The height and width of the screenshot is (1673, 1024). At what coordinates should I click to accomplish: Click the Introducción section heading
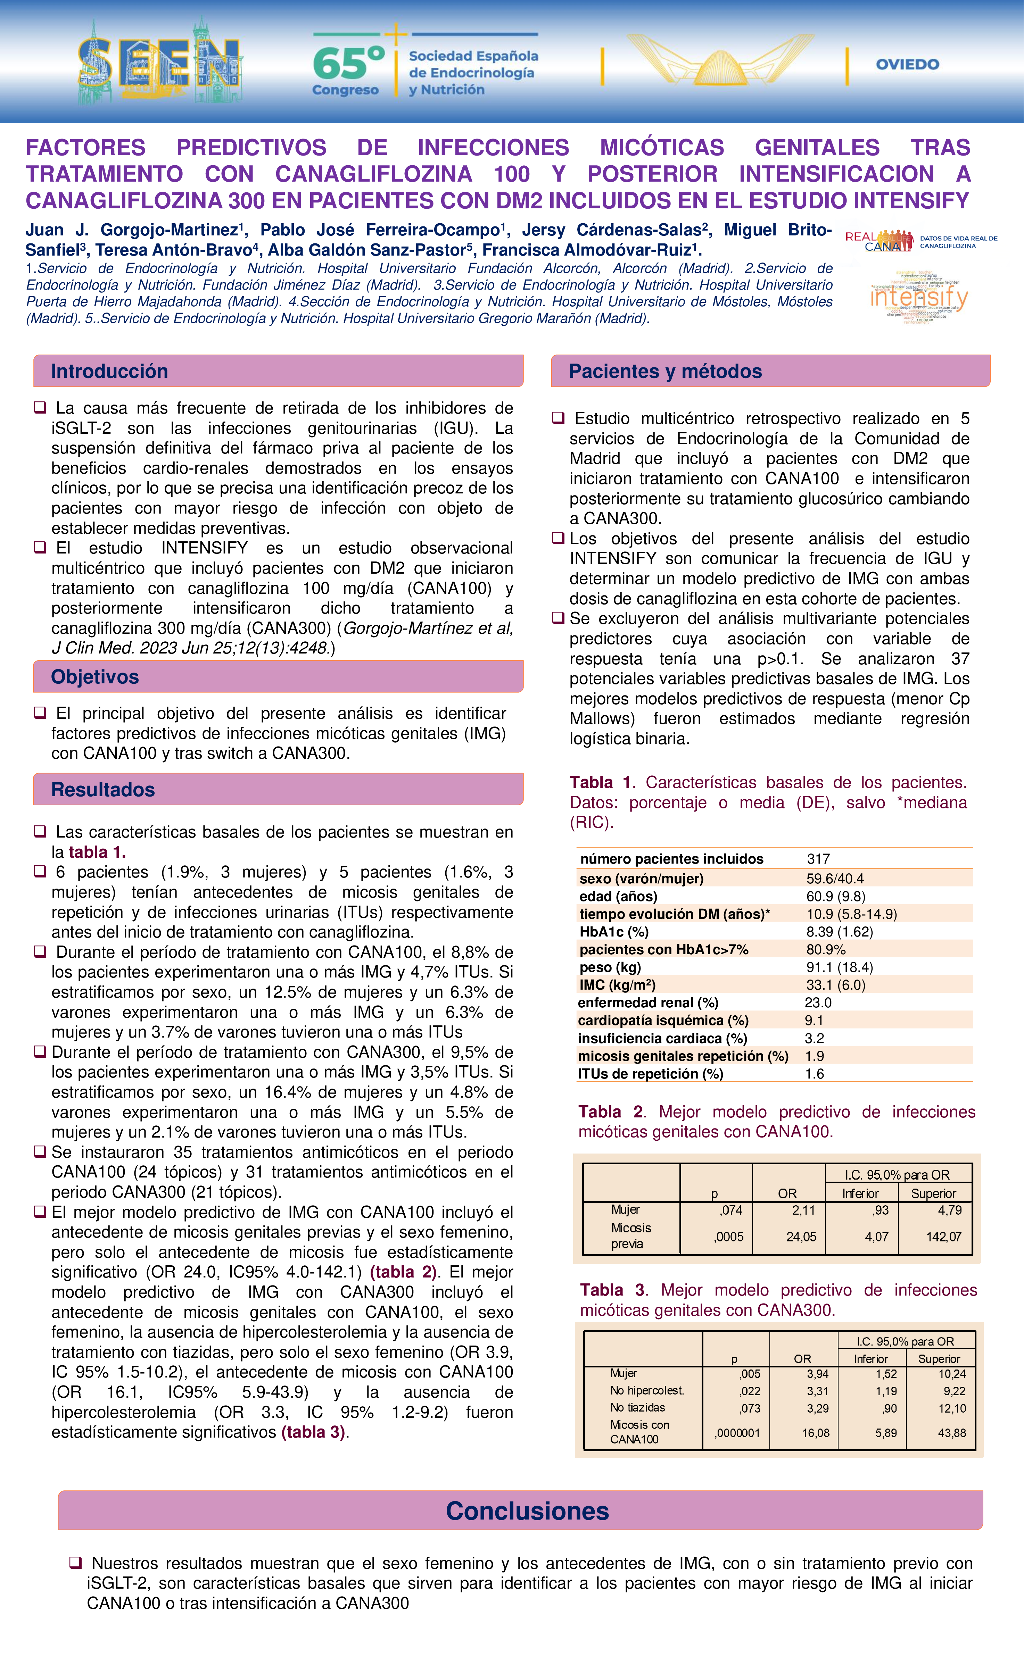click(x=109, y=372)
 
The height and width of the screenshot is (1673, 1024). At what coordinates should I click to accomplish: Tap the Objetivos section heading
click(x=95, y=677)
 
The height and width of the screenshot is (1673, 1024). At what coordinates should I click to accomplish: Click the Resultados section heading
click(x=103, y=790)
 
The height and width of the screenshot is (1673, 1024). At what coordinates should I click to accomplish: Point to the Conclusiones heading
click(x=527, y=1511)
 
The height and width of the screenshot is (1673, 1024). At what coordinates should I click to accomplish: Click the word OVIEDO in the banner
click(x=907, y=65)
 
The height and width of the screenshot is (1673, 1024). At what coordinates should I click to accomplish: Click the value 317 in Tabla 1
click(x=818, y=859)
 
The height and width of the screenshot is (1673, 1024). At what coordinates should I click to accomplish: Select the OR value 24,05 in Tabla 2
click(x=801, y=1237)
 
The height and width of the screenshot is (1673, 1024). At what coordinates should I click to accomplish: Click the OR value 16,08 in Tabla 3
click(x=816, y=1433)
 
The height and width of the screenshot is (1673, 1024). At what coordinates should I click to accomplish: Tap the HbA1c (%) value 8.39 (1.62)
click(x=839, y=932)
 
